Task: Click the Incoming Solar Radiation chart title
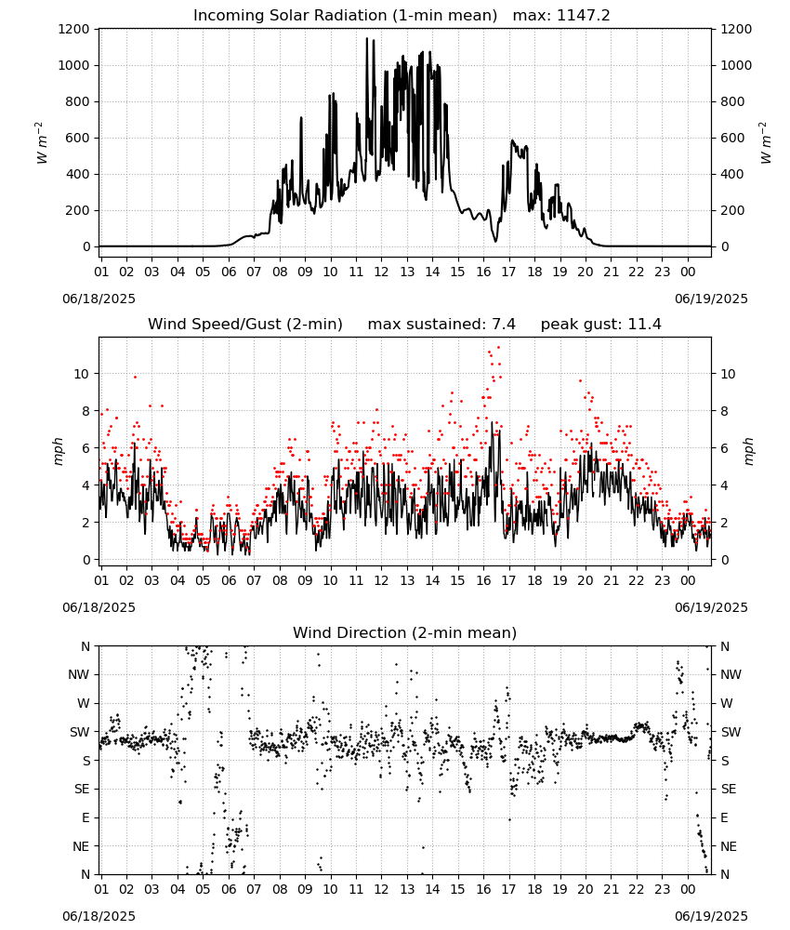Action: [x=345, y=16]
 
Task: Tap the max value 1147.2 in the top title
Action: [x=584, y=16]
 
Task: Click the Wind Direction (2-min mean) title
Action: [x=405, y=632]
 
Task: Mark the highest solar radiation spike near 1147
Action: [x=367, y=39]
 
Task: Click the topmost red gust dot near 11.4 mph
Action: [x=498, y=347]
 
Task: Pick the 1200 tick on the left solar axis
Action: [x=73, y=29]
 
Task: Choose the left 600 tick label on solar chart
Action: [x=77, y=138]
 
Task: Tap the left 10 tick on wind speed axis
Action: [x=82, y=374]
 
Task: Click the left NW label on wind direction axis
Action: [x=79, y=674]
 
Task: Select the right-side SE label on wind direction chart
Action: [x=729, y=789]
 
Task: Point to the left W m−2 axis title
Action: [x=40, y=143]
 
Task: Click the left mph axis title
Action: [x=58, y=451]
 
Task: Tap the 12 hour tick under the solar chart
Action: [x=381, y=272]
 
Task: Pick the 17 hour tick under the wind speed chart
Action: [x=508, y=580]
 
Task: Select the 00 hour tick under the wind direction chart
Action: [x=688, y=888]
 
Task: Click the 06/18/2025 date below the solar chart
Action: [x=99, y=299]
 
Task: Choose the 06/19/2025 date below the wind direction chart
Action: [x=711, y=916]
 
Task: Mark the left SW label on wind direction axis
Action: [x=80, y=732]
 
